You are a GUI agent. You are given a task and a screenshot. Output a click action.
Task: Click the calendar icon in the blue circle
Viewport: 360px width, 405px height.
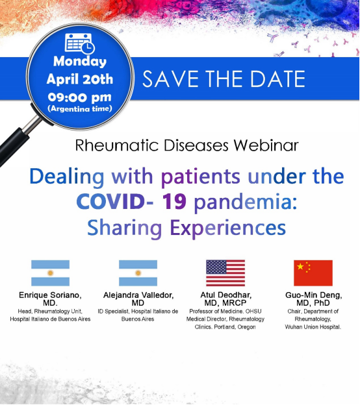pyautogui.click(x=80, y=43)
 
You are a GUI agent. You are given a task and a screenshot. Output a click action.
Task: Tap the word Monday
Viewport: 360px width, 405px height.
pyautogui.click(x=80, y=62)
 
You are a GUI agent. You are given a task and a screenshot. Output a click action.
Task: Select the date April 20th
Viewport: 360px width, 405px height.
pyautogui.click(x=80, y=79)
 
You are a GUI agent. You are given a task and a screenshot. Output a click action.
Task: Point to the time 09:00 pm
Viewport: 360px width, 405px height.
pyautogui.click(x=80, y=97)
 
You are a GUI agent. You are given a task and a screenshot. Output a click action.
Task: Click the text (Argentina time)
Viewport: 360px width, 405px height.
pyautogui.click(x=80, y=108)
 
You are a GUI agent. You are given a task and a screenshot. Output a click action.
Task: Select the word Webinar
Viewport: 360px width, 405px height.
pyautogui.click(x=266, y=145)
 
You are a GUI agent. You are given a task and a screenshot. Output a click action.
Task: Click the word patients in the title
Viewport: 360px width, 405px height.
pyautogui.click(x=201, y=177)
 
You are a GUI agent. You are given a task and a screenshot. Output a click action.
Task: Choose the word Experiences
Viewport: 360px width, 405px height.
pyautogui.click(x=228, y=228)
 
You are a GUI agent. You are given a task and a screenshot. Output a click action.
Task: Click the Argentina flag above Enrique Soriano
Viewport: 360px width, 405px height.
pyautogui.click(x=51, y=273)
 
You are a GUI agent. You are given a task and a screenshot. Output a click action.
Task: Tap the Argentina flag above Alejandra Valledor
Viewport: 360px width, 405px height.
pyautogui.click(x=138, y=273)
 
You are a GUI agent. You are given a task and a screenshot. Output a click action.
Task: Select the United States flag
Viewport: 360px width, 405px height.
pyautogui.click(x=225, y=273)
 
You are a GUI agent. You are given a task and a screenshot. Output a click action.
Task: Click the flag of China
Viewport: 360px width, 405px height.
pyautogui.click(x=313, y=273)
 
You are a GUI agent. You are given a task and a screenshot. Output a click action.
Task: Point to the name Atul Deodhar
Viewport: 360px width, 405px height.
pyautogui.click(x=225, y=295)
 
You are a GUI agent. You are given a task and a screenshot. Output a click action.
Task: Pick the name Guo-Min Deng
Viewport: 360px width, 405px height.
pyautogui.click(x=313, y=295)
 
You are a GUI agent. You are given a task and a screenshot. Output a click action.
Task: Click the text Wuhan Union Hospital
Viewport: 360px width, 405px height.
pyautogui.click(x=313, y=327)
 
